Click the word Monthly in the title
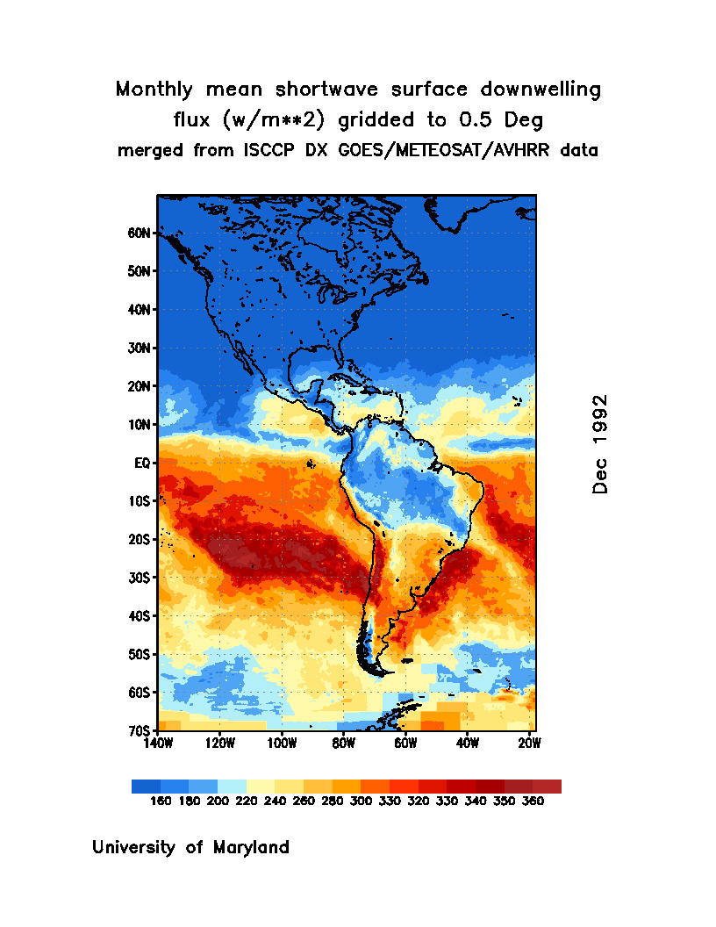(x=155, y=90)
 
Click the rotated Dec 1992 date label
(x=600, y=443)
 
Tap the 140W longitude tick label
(x=158, y=743)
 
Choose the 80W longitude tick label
(x=343, y=743)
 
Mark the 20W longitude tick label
(x=529, y=743)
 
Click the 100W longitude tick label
(x=282, y=743)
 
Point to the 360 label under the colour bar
(x=533, y=801)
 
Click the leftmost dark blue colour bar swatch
(x=146, y=787)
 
